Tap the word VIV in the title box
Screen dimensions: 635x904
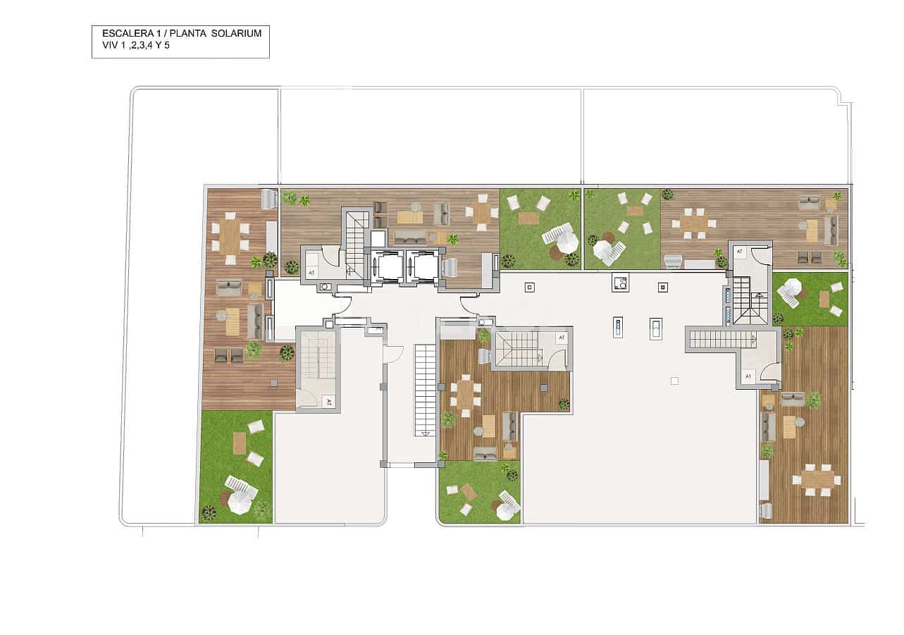[110, 44]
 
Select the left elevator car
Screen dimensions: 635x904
[387, 266]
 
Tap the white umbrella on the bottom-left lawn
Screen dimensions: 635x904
[238, 502]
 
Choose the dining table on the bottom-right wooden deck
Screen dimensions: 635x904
[817, 479]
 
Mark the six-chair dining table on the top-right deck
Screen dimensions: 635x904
[694, 223]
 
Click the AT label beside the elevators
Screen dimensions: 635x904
[311, 271]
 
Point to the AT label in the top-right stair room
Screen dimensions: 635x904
[739, 251]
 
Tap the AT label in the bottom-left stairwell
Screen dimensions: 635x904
[328, 402]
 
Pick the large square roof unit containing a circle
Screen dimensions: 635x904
[619, 283]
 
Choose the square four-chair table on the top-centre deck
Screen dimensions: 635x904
[481, 211]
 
